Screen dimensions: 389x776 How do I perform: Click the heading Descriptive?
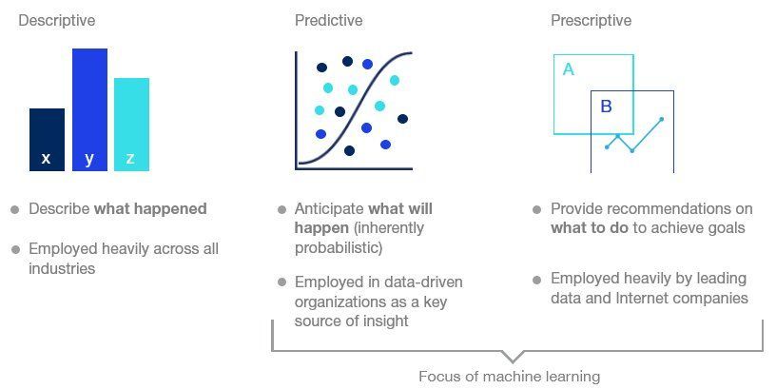tap(57, 20)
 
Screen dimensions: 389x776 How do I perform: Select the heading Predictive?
tap(328, 20)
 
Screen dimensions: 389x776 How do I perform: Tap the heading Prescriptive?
tap(591, 20)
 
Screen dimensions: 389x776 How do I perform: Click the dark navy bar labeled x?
tap(47, 140)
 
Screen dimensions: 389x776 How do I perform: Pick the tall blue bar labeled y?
tap(89, 109)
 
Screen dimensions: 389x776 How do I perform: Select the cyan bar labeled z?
tap(131, 125)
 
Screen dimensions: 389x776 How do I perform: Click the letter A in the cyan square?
tap(569, 69)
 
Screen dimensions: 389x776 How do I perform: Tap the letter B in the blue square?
tap(606, 107)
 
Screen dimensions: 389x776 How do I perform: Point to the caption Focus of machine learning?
tap(509, 377)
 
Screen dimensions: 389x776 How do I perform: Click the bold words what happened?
tap(150, 208)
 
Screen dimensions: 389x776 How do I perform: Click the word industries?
tap(63, 268)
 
